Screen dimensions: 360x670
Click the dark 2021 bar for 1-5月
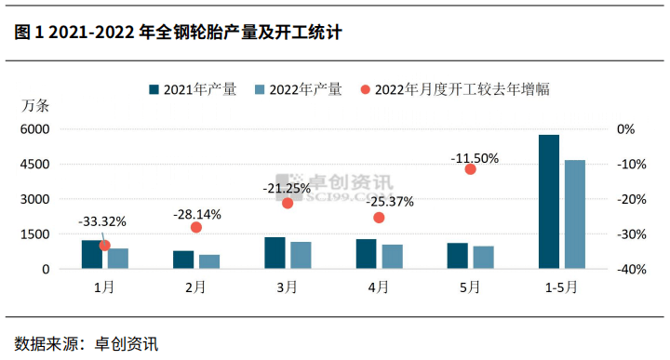click(x=549, y=202)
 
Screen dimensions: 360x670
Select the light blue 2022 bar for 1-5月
click(x=575, y=215)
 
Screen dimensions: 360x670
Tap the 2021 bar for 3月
click(x=275, y=253)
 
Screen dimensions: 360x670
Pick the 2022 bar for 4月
click(x=392, y=257)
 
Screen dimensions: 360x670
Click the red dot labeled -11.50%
click(x=470, y=169)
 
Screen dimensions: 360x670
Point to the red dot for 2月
click(x=196, y=227)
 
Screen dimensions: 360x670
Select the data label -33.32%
click(x=102, y=221)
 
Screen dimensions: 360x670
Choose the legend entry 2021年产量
click(x=192, y=90)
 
